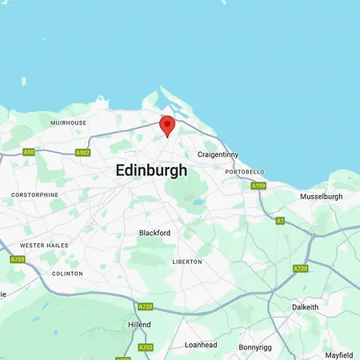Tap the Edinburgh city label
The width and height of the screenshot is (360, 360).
[151, 170]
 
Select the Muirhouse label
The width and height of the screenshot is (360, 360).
[68, 122]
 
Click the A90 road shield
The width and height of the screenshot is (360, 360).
[29, 151]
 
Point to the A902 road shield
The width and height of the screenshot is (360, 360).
[82, 152]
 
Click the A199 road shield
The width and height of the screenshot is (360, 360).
[258, 186]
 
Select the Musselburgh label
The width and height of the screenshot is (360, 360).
[321, 196]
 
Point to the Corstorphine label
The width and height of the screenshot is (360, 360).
[34, 194]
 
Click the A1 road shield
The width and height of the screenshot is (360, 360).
[280, 220]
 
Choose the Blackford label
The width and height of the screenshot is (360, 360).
[154, 233]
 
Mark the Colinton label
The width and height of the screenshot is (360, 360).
[66, 273]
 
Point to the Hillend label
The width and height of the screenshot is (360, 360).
[139, 325]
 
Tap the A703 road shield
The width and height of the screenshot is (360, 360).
[146, 347]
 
